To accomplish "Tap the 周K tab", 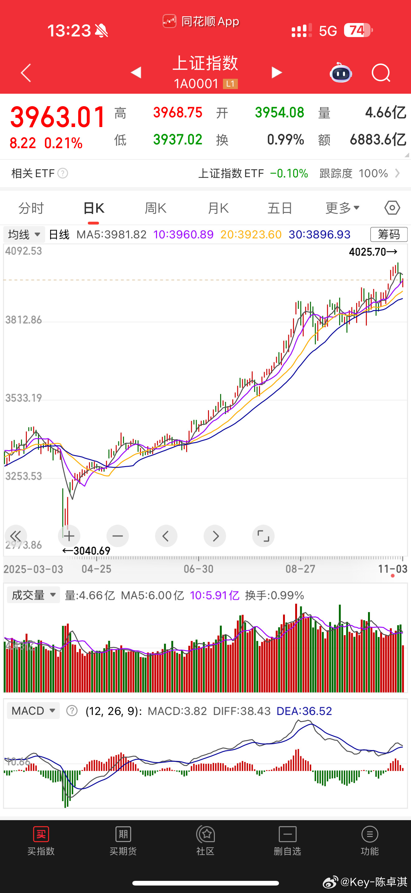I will tap(155, 208).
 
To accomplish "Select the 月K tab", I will tap(218, 208).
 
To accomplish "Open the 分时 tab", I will tap(31, 208).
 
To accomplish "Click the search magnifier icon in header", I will tap(380, 73).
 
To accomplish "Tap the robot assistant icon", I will tap(341, 73).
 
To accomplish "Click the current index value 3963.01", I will tap(58, 117).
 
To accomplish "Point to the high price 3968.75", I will tap(177, 113).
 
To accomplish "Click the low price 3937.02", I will tap(177, 140).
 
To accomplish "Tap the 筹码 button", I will tap(389, 234).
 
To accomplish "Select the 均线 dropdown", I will tap(24, 235).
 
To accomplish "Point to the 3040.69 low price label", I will tap(87, 550).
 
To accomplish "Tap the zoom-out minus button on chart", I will tap(117, 536).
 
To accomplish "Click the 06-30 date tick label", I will tap(198, 569).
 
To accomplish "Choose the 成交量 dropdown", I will tap(33, 595).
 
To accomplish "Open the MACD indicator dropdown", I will tap(33, 711).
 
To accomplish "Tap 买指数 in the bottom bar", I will tap(41, 840).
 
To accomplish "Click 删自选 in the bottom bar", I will tap(287, 840).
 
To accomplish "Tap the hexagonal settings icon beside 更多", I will tap(392, 208).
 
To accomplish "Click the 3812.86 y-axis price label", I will tap(24, 320).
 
